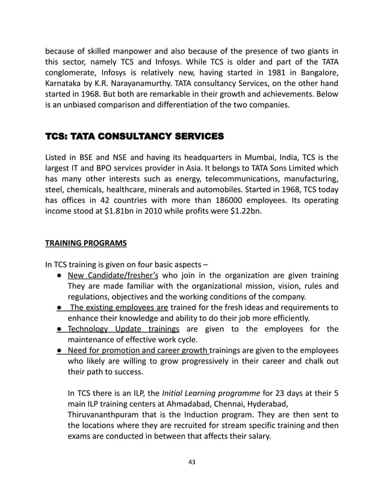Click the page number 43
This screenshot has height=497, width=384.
click(191, 461)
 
